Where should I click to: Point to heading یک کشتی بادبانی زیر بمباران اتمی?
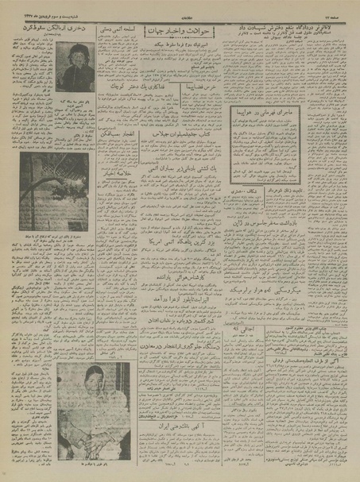180,171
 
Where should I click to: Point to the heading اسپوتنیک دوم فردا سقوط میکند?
180,47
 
